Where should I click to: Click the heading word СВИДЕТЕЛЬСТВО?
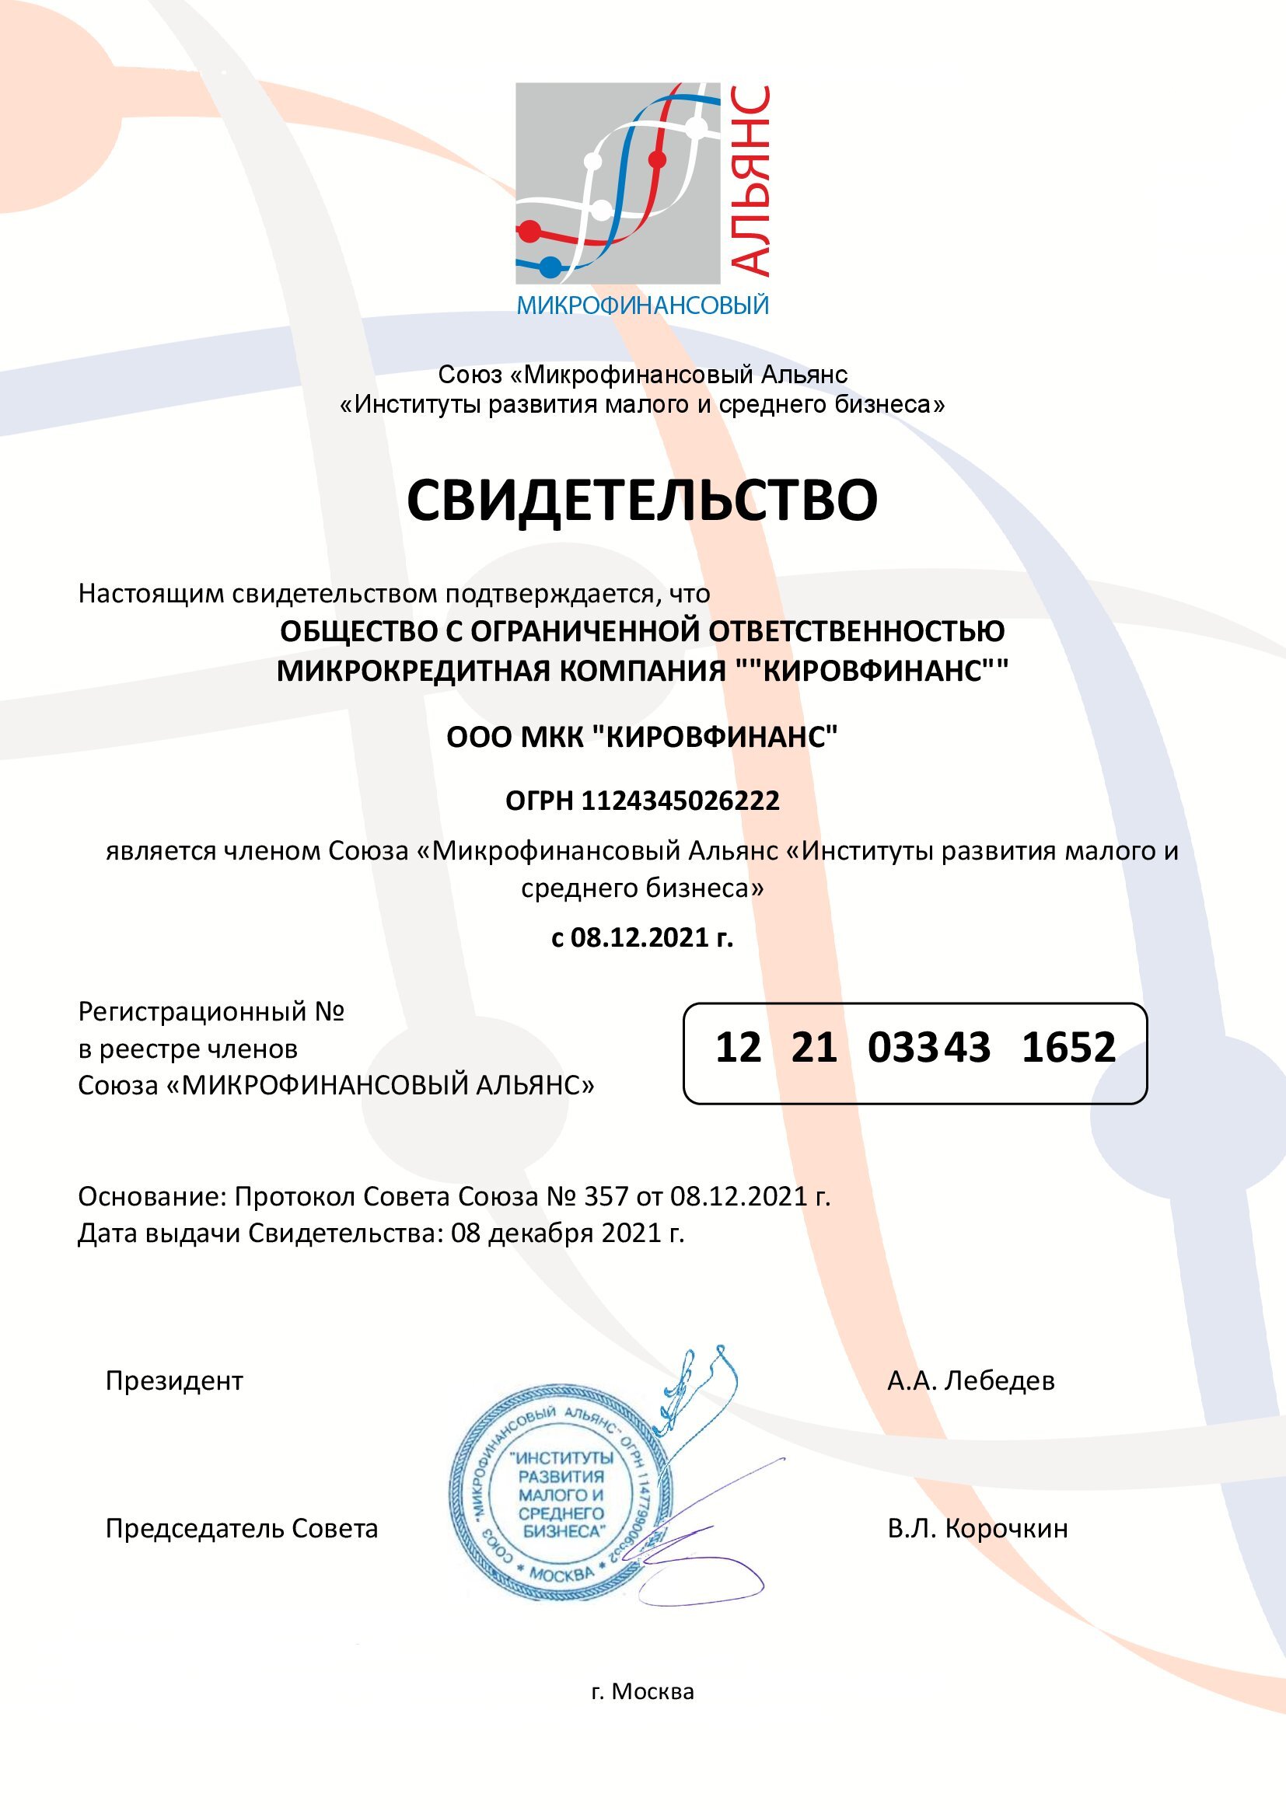[x=642, y=500]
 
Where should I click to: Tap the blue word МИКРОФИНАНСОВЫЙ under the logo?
[x=642, y=305]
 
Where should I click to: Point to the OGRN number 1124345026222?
[x=680, y=801]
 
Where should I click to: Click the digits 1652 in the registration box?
[x=1068, y=1048]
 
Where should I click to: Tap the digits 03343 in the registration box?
[x=928, y=1048]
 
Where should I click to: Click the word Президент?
[x=174, y=1381]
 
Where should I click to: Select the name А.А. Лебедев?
[x=971, y=1381]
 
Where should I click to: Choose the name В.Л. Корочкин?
[x=977, y=1528]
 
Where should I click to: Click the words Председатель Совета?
[x=242, y=1528]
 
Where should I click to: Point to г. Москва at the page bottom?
[x=642, y=1691]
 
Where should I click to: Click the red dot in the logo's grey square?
[x=656, y=161]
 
